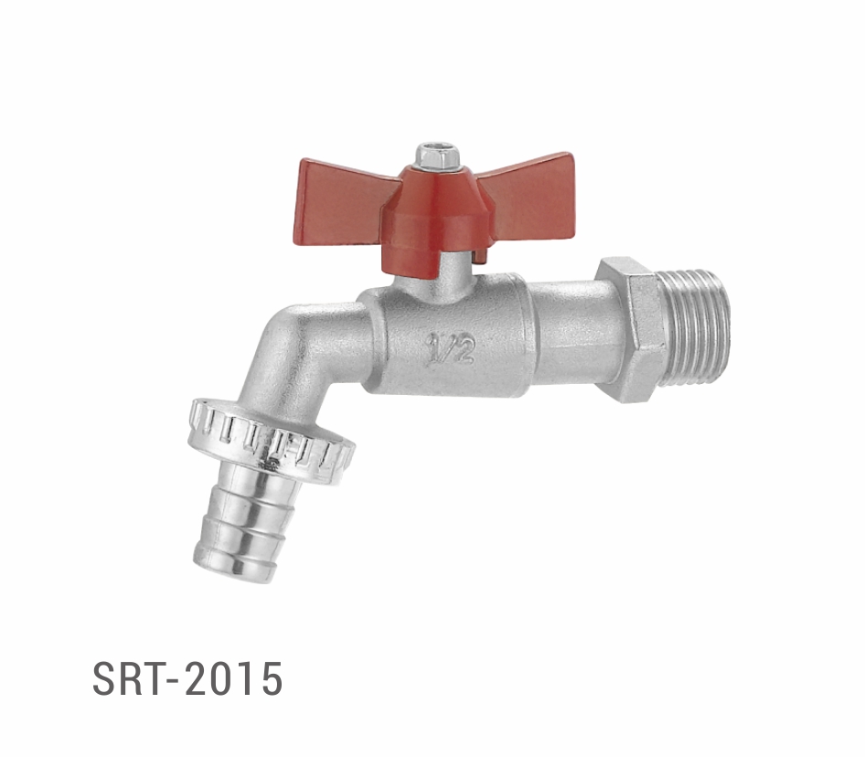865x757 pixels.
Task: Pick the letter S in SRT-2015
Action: pyautogui.click(x=106, y=678)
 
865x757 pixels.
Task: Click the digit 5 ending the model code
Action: pyautogui.click(x=270, y=678)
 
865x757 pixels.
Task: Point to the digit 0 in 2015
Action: pyautogui.click(x=219, y=678)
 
